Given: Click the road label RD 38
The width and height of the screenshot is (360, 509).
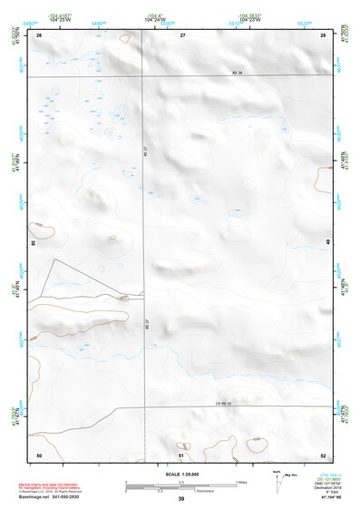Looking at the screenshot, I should pyautogui.click(x=214, y=72).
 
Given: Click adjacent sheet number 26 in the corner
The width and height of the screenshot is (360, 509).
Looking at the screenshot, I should pyautogui.click(x=39, y=34).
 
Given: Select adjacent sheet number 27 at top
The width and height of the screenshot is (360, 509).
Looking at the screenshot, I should pyautogui.click(x=182, y=34).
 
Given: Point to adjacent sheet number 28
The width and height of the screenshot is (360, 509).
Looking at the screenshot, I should pyautogui.click(x=323, y=34).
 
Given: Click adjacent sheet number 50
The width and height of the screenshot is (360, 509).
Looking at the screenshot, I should pyautogui.click(x=39, y=454).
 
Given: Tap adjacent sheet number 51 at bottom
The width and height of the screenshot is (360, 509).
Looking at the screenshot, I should pyautogui.click(x=181, y=454).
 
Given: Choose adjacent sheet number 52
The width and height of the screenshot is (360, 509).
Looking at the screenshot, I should pyautogui.click(x=323, y=454).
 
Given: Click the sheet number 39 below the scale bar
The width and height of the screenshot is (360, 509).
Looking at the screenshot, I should pyautogui.click(x=181, y=498).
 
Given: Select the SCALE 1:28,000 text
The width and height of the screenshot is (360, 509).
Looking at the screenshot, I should pyautogui.click(x=181, y=474).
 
